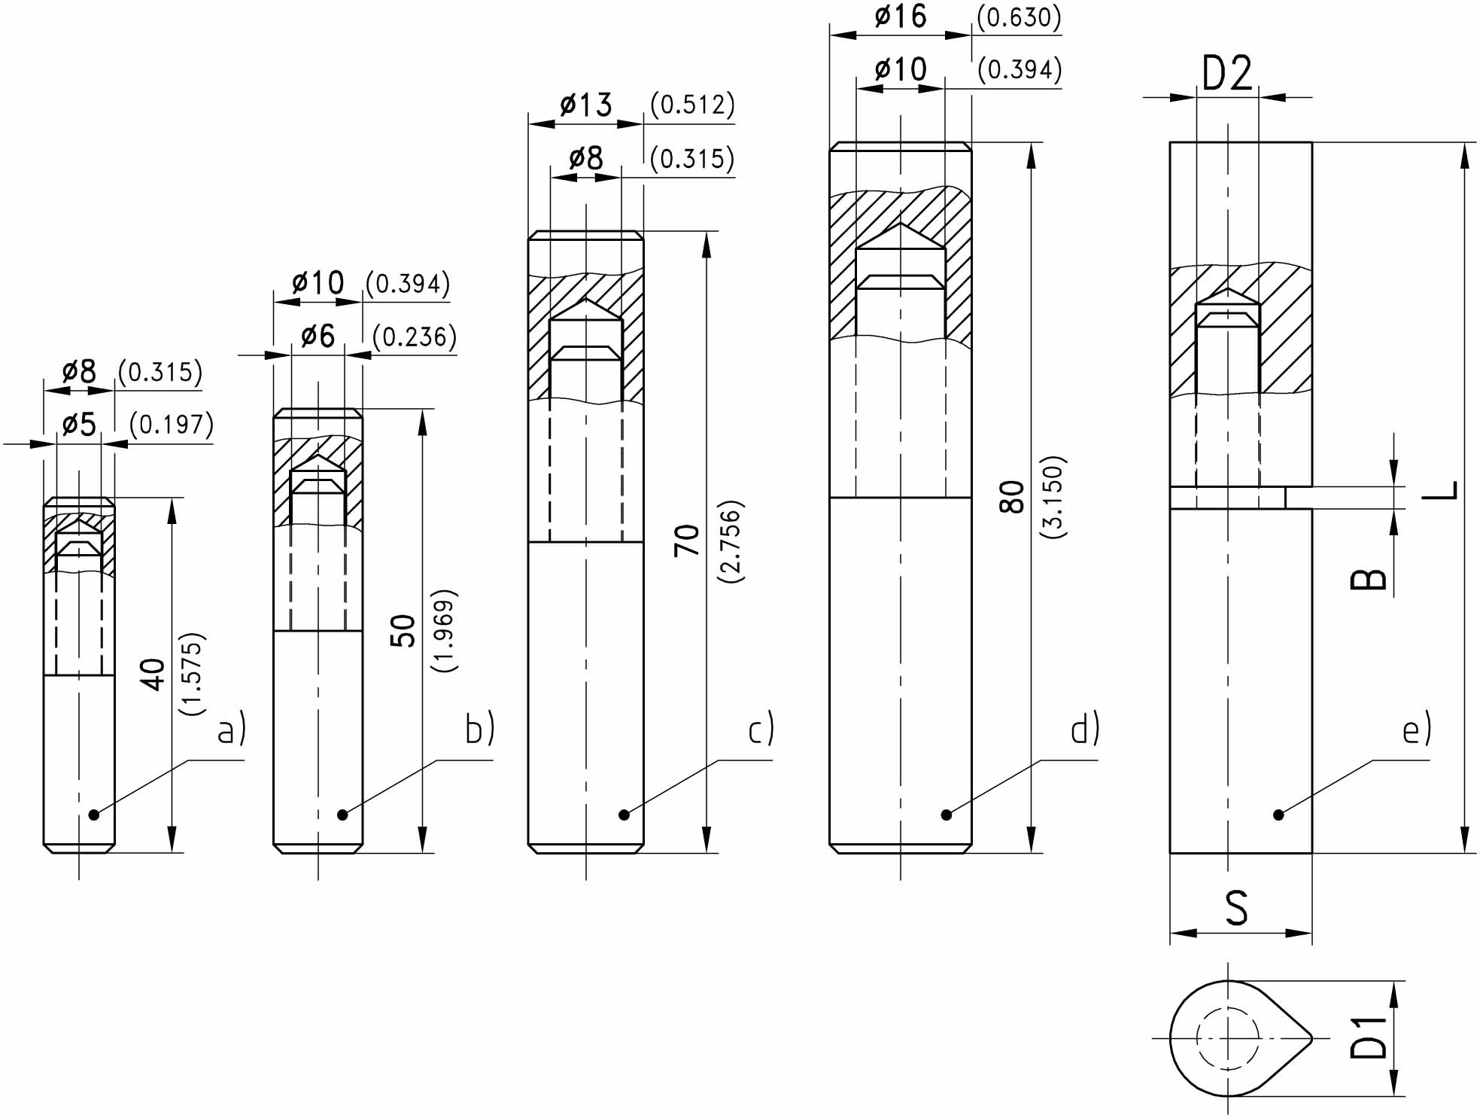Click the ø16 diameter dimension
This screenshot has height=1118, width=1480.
pyautogui.click(x=901, y=17)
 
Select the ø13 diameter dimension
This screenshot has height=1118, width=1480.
pyautogui.click(x=585, y=105)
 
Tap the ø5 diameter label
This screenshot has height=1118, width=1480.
pyautogui.click(x=79, y=425)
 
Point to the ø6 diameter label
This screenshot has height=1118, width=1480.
pyautogui.click(x=318, y=336)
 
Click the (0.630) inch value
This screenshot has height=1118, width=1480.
pyautogui.click(x=1019, y=17)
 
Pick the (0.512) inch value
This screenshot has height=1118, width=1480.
pyautogui.click(x=692, y=105)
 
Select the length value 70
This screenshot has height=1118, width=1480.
pyautogui.click(x=687, y=541)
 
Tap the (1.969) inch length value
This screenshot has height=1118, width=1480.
pyautogui.click(x=444, y=631)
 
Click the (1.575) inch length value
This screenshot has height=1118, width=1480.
pyautogui.click(x=192, y=674)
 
